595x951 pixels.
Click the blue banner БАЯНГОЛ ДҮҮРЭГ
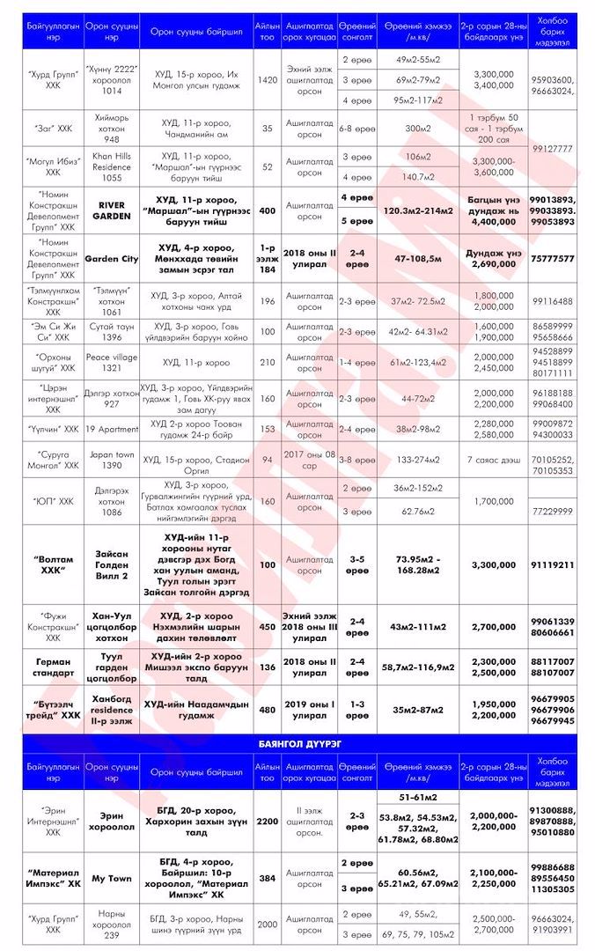tap(297, 744)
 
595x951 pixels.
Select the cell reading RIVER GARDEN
tap(112, 210)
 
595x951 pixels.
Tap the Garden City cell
tap(112, 259)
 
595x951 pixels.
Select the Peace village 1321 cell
tap(112, 361)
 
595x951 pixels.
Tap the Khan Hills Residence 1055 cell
tap(112, 166)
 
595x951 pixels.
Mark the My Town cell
tap(112, 878)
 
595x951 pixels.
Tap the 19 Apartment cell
tap(112, 429)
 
